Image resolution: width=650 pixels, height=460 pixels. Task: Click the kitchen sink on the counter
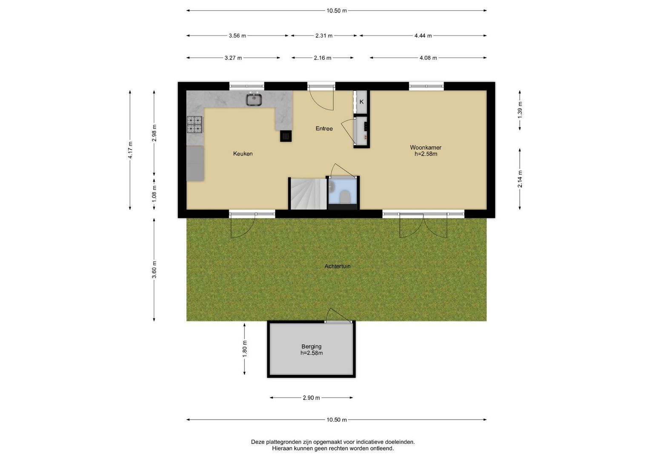tap(255, 99)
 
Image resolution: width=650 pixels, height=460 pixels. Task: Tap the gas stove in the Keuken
tap(195, 124)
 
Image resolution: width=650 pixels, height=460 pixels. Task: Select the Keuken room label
tap(243, 154)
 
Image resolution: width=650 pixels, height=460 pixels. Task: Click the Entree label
tap(324, 128)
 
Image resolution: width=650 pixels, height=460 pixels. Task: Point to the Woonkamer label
tap(426, 147)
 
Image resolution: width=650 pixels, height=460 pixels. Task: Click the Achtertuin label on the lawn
tap(338, 266)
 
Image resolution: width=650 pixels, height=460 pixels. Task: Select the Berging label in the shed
tap(311, 346)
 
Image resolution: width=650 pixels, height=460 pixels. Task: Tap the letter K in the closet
tap(361, 102)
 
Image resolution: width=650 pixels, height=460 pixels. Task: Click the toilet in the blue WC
tap(345, 196)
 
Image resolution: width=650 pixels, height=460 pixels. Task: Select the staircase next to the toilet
tap(309, 194)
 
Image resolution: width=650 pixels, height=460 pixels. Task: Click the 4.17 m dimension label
tap(130, 150)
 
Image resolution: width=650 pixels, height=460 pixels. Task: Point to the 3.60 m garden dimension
tap(154, 270)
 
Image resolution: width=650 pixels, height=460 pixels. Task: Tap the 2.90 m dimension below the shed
tap(311, 398)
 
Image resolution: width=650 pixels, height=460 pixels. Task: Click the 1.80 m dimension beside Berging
tap(245, 349)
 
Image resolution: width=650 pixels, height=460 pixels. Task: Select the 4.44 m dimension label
tap(423, 36)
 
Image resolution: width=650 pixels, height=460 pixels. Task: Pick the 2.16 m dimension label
tap(322, 58)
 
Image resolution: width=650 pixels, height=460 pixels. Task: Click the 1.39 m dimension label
tap(520, 110)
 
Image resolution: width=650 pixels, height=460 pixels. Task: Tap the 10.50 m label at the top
tap(337, 11)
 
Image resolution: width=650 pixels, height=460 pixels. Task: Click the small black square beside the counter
tap(286, 136)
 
